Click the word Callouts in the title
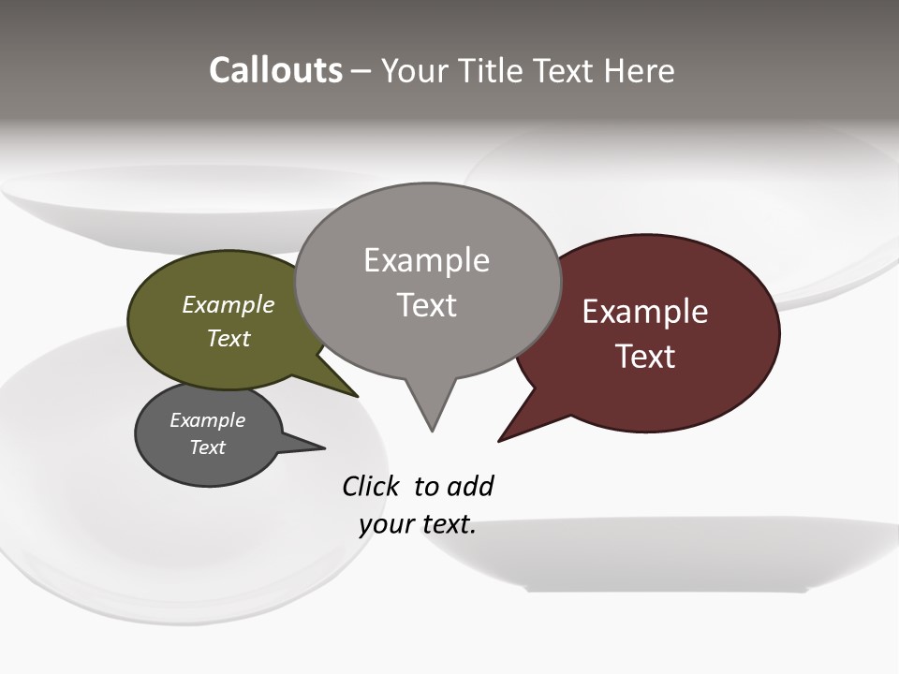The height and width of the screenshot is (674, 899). (x=275, y=70)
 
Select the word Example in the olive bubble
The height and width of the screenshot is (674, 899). (x=228, y=304)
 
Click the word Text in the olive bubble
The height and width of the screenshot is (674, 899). (x=228, y=338)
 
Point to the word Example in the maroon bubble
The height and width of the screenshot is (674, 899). (x=645, y=312)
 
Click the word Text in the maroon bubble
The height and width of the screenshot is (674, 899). (x=645, y=357)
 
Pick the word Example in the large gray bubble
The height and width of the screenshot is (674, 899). (x=426, y=260)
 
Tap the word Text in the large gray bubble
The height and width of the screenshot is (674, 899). (x=426, y=305)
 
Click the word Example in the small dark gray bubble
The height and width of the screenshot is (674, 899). (x=208, y=420)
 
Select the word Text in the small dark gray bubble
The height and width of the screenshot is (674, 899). (x=208, y=447)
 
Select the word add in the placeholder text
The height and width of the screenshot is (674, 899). (x=471, y=487)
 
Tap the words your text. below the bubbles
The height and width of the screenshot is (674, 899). (x=418, y=524)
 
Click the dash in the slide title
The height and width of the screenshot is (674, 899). (x=361, y=71)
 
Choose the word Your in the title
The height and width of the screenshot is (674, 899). (x=412, y=70)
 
